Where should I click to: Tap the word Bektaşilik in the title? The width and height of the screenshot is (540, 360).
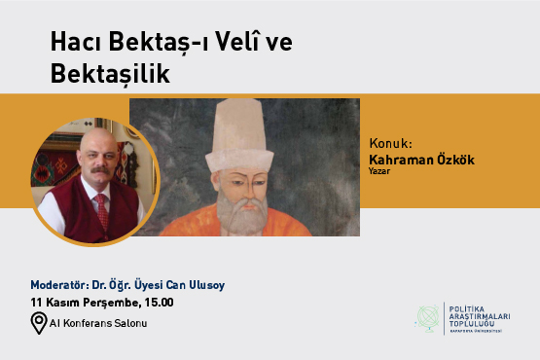coord(111,75)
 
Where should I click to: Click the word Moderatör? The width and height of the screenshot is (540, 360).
coord(60,286)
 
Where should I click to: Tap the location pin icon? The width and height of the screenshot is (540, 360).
coord(39,323)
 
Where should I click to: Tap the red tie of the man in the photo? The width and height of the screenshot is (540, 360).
coord(100,208)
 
